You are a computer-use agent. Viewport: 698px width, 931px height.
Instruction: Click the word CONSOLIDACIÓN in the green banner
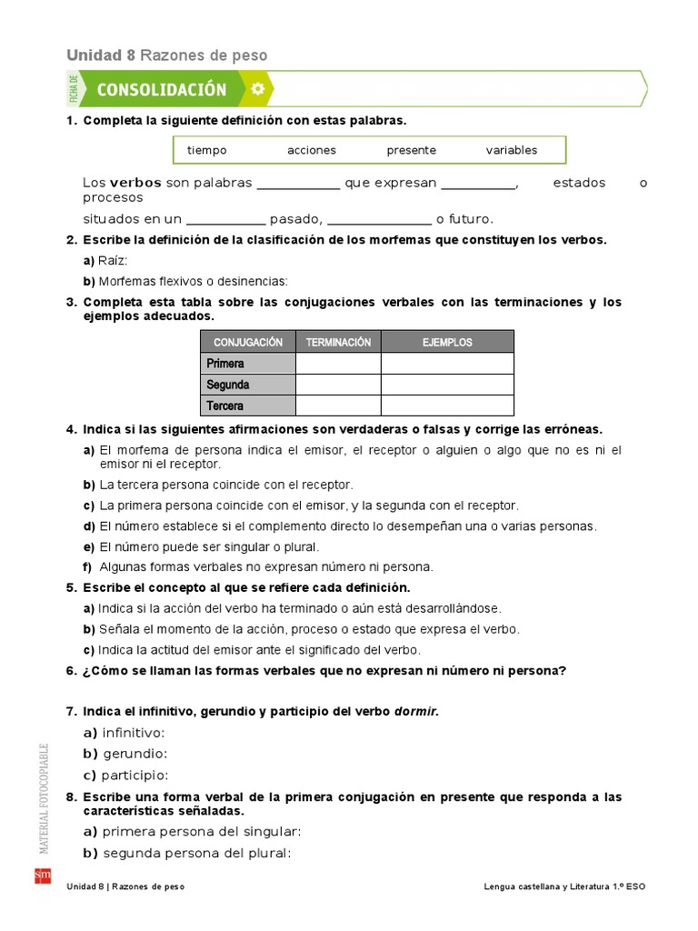click(161, 89)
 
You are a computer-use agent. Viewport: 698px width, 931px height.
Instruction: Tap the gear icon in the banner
click(257, 89)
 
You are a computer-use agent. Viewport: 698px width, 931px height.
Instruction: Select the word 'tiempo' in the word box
click(206, 150)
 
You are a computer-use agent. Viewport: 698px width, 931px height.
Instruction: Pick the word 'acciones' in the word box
click(311, 150)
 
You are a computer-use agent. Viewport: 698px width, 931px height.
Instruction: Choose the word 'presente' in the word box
click(411, 150)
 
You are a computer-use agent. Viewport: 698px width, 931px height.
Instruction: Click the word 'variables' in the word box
click(511, 150)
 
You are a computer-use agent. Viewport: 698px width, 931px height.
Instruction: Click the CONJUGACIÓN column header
click(248, 342)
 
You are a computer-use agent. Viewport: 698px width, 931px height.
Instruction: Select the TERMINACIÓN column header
click(338, 342)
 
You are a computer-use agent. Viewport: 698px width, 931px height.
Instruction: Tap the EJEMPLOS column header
click(447, 342)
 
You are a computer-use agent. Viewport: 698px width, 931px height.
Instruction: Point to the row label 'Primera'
click(225, 364)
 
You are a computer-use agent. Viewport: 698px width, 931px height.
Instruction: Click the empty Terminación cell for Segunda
click(338, 385)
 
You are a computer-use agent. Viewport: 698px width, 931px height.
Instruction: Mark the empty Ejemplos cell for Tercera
click(447, 405)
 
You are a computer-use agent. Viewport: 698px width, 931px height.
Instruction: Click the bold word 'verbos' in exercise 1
click(136, 183)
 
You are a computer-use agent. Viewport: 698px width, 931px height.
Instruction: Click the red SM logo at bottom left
click(42, 876)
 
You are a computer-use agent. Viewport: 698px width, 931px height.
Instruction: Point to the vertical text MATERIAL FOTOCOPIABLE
click(43, 798)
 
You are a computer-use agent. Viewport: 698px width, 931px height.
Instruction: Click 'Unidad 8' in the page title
click(100, 55)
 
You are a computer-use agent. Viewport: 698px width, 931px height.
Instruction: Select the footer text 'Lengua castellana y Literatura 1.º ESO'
click(565, 886)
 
